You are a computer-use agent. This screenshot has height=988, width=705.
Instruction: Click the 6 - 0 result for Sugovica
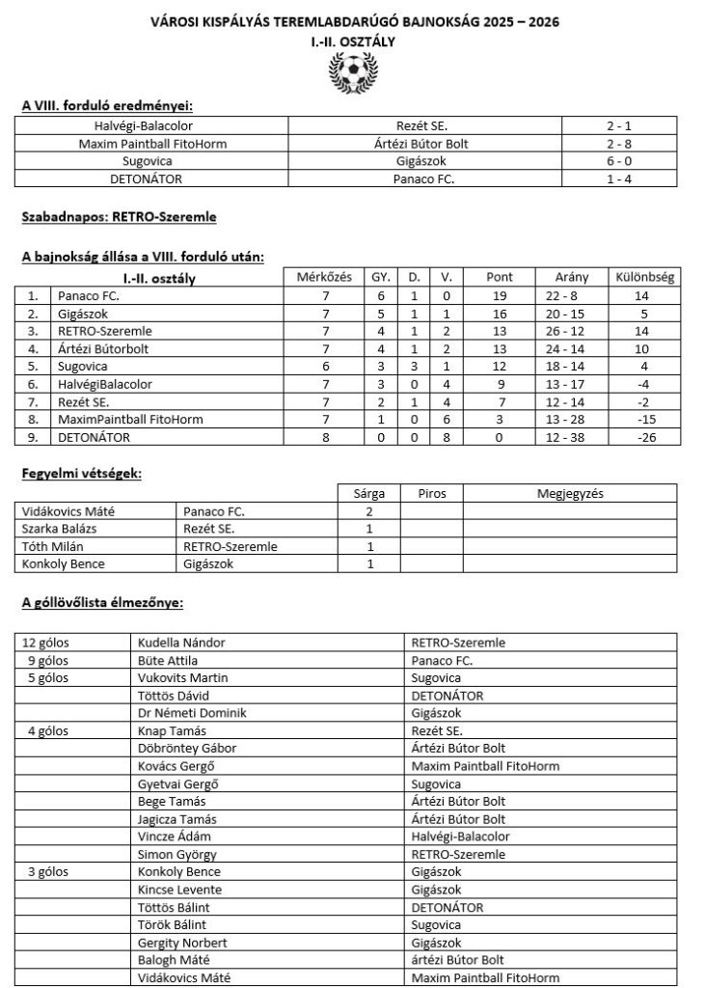click(x=632, y=161)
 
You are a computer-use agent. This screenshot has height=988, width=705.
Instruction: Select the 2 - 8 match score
click(x=632, y=144)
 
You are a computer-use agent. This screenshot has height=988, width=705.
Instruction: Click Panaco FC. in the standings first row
click(x=89, y=296)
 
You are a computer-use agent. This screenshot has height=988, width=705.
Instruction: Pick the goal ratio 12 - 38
click(x=571, y=437)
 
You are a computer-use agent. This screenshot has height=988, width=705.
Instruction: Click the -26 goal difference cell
click(x=644, y=437)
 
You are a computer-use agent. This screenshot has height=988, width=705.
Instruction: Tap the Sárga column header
click(x=368, y=493)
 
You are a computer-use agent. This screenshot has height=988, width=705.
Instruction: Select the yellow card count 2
click(x=368, y=511)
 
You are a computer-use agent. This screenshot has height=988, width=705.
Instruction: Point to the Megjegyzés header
click(x=569, y=493)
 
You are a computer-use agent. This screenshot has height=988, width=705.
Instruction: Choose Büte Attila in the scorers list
click(x=169, y=660)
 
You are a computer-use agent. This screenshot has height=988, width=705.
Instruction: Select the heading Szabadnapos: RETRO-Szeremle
click(x=119, y=219)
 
